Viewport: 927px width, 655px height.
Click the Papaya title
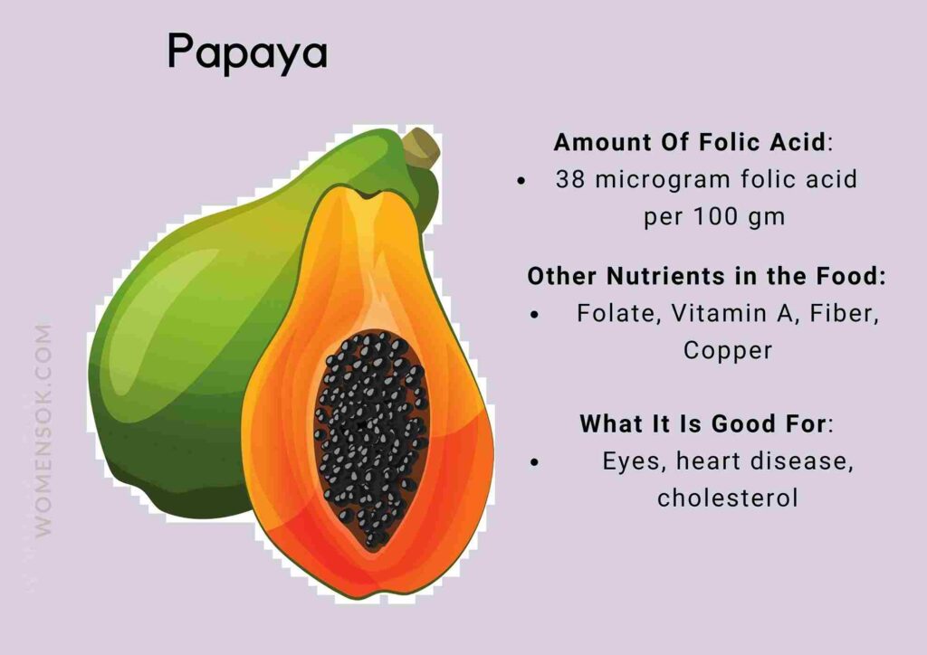point(246,53)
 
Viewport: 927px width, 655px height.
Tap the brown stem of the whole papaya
point(421,148)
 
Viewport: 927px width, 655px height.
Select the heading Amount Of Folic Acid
point(690,142)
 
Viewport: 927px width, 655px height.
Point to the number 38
point(570,179)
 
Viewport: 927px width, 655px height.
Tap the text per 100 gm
point(714,218)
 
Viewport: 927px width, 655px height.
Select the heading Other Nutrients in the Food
point(706,276)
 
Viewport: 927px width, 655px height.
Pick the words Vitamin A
point(712,313)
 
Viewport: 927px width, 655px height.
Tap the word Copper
point(728,350)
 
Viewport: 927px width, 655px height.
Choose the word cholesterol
point(728,498)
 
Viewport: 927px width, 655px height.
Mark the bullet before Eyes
point(535,461)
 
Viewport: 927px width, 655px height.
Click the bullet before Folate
point(535,314)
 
